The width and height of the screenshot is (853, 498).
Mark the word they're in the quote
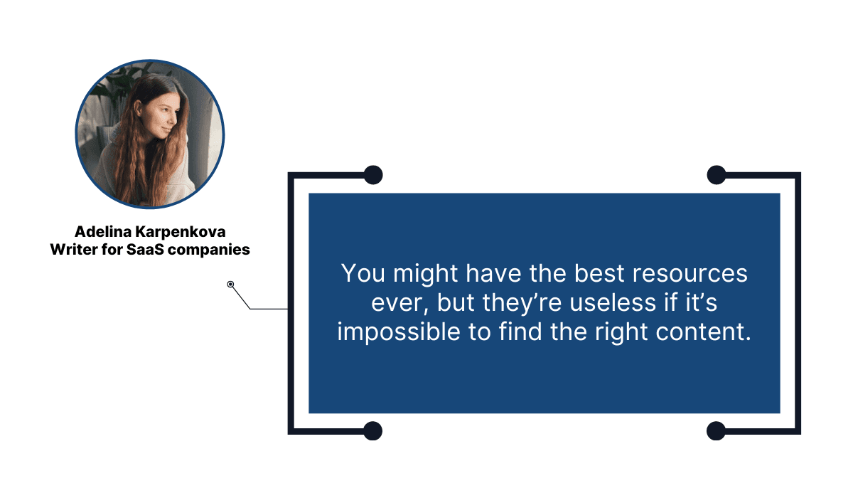click(x=518, y=303)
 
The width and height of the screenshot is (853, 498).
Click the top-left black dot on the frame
click(x=372, y=174)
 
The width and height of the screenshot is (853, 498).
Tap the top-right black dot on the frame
click(x=716, y=174)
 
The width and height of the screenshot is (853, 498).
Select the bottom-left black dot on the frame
click(x=372, y=430)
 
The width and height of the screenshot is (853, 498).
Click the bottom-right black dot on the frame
click(x=716, y=430)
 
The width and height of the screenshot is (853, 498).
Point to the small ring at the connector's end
click(x=230, y=285)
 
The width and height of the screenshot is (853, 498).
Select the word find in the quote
click(x=540, y=332)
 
